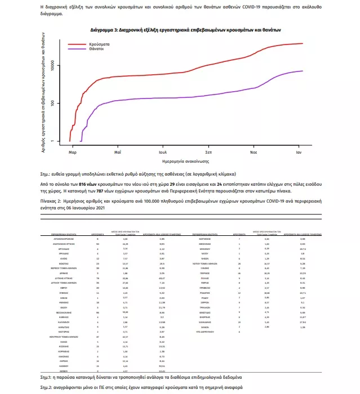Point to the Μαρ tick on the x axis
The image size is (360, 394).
[72, 152]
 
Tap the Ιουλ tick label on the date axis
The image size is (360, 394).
[163, 152]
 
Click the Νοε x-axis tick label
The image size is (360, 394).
[254, 152]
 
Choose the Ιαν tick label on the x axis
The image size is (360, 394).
[299, 152]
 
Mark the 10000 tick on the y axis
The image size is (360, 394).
[52, 66]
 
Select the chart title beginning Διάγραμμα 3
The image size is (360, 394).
[186, 29]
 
